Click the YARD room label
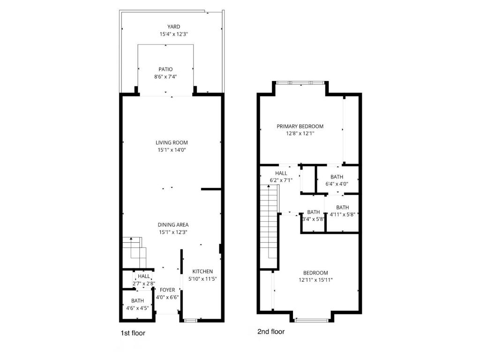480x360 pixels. tap(173, 27)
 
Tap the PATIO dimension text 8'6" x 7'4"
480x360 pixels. tap(165, 77)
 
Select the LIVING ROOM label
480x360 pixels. tap(172, 142)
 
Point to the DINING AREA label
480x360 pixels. tap(173, 225)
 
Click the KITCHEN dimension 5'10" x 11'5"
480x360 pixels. tap(202, 279)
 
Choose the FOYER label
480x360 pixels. tap(167, 290)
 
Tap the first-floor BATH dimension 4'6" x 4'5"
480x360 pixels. tap(137, 308)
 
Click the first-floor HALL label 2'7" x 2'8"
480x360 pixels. tap(143, 280)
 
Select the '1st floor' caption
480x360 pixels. tap(133, 333)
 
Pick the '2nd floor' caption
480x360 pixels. tap(271, 331)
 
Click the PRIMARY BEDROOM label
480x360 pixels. tap(300, 126)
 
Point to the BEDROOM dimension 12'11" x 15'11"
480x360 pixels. tap(315, 280)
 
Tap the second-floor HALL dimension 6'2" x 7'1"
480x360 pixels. tap(281, 180)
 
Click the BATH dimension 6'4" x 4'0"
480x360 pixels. tap(337, 184)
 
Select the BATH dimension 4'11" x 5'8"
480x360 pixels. tap(342, 215)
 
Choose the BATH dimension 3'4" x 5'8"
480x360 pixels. tap(313, 219)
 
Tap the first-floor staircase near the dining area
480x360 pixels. tap(135, 252)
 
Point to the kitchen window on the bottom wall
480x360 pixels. tap(190, 321)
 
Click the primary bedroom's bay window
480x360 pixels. tap(300, 82)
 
